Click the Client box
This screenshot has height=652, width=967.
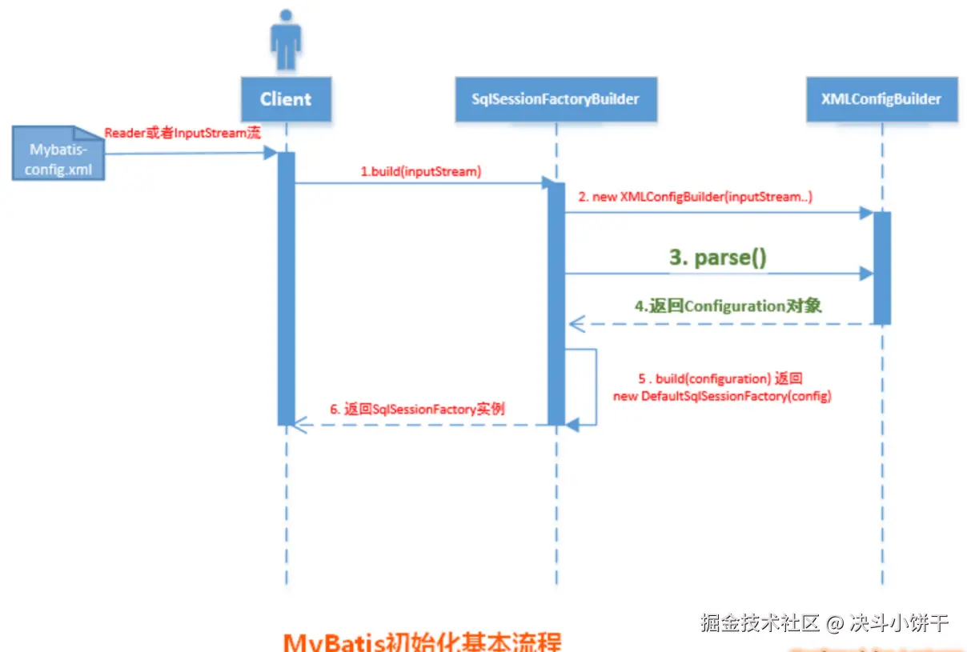click(x=286, y=99)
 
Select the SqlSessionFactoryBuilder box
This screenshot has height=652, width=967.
click(x=556, y=99)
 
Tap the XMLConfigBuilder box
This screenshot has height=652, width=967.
click(x=881, y=99)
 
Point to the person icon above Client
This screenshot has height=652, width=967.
click(x=286, y=40)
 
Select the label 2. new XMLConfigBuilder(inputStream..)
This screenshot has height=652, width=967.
click(x=702, y=197)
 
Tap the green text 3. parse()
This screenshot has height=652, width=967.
click(x=718, y=258)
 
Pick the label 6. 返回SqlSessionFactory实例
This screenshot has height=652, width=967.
click(x=417, y=409)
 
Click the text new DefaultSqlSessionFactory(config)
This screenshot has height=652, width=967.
click(x=722, y=396)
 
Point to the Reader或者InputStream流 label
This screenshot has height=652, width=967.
click(x=183, y=133)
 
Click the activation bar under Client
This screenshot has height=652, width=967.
click(x=286, y=288)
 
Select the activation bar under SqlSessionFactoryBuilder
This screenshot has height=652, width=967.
click(x=556, y=304)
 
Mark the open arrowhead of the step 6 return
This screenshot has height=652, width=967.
click(x=299, y=425)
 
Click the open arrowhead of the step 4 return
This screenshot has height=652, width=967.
click(x=576, y=324)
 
